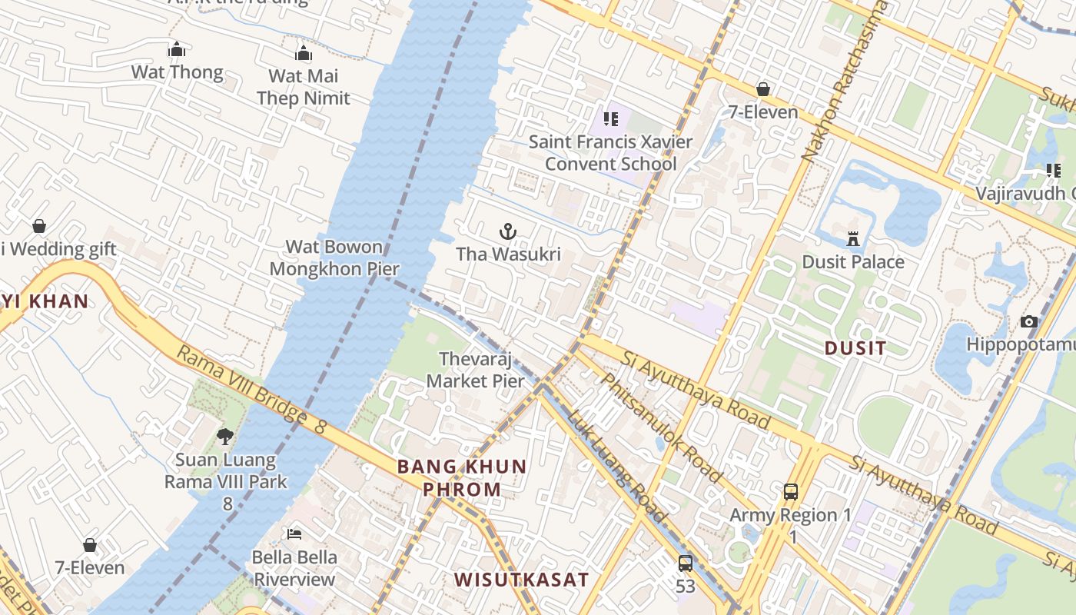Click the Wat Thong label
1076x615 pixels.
[177, 72]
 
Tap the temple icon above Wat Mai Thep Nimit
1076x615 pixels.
[304, 53]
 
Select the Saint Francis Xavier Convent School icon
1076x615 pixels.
[611, 119]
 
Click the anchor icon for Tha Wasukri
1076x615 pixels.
[507, 231]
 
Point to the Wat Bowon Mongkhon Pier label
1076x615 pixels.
[334, 258]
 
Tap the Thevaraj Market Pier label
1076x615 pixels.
[475, 370]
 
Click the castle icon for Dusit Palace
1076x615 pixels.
[852, 239]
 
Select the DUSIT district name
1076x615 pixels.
[855, 348]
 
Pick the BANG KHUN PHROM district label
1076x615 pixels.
[462, 477]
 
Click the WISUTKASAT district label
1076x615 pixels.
[521, 580]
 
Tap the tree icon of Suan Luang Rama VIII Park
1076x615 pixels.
[224, 437]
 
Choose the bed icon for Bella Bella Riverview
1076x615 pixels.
[294, 534]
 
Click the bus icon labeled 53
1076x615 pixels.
[686, 563]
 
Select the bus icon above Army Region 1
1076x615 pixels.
[790, 492]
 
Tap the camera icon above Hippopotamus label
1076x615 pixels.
[1029, 321]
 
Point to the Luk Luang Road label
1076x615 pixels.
[617, 466]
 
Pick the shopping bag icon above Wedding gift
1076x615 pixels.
[38, 226]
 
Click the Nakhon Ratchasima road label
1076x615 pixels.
[844, 81]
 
